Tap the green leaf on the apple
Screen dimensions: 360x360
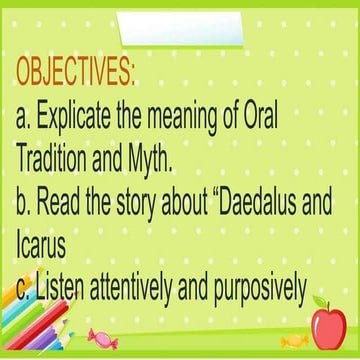320,301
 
